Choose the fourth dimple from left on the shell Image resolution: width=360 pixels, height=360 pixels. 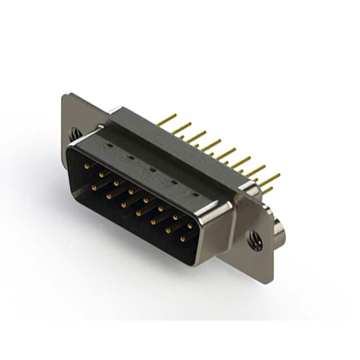(x=173, y=182)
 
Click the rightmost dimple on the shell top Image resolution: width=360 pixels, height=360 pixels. (x=195, y=195)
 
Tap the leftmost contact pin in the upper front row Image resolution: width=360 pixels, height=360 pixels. (x=85, y=166)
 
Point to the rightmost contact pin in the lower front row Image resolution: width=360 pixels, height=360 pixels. (x=182, y=240)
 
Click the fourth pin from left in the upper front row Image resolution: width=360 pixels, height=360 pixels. (x=130, y=192)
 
